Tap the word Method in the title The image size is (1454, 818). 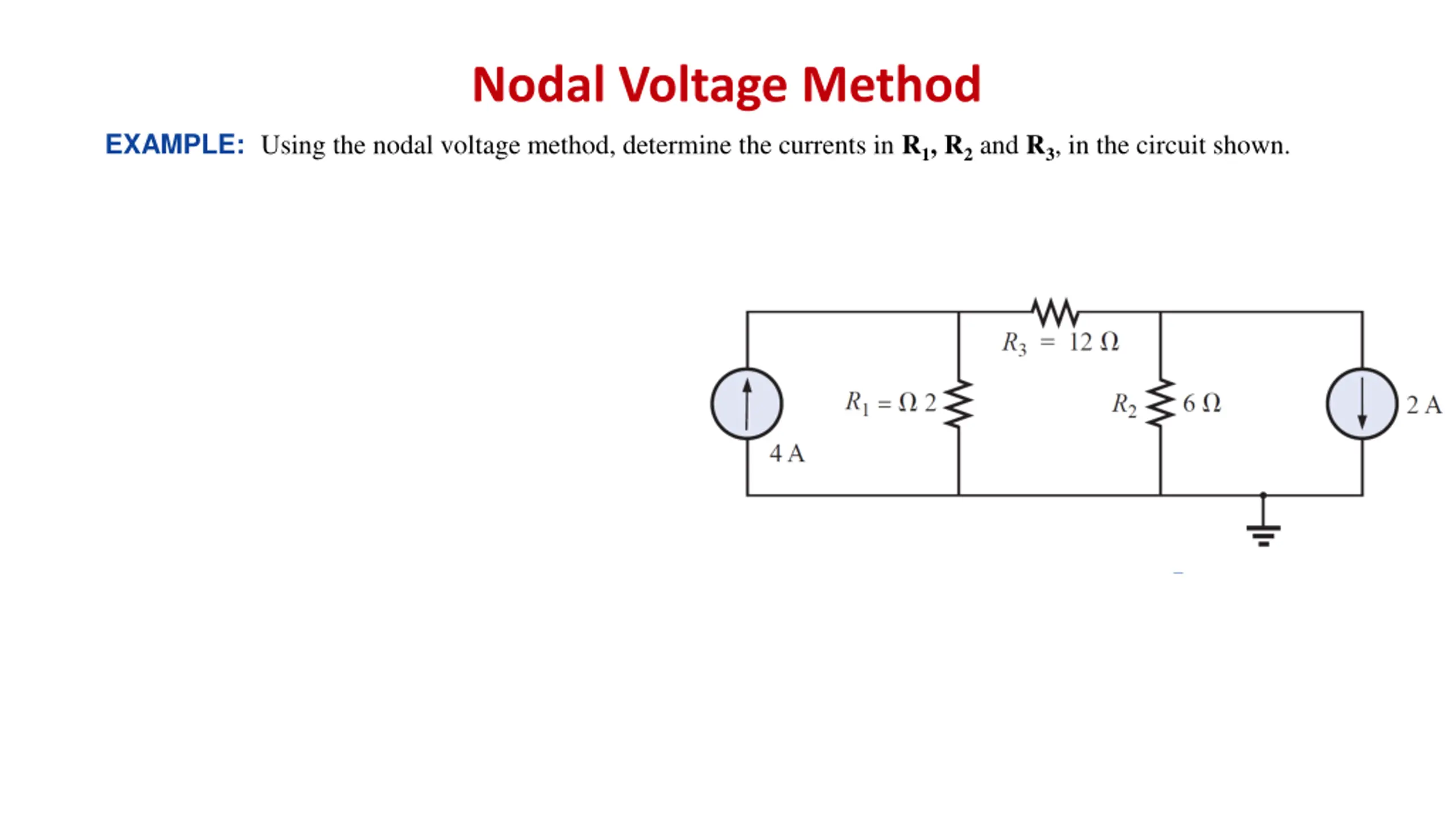[891, 85]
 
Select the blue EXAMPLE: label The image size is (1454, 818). [175, 145]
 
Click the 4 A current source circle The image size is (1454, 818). [747, 404]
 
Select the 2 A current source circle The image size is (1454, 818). [1361, 404]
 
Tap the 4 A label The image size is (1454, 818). [787, 454]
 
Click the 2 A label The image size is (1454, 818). [1423, 406]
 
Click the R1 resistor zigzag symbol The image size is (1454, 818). [959, 404]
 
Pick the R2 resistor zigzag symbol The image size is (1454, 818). [1160, 404]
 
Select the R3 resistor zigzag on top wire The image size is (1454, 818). [1054, 312]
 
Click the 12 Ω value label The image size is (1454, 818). [1093, 343]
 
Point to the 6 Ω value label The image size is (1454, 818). [1201, 404]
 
